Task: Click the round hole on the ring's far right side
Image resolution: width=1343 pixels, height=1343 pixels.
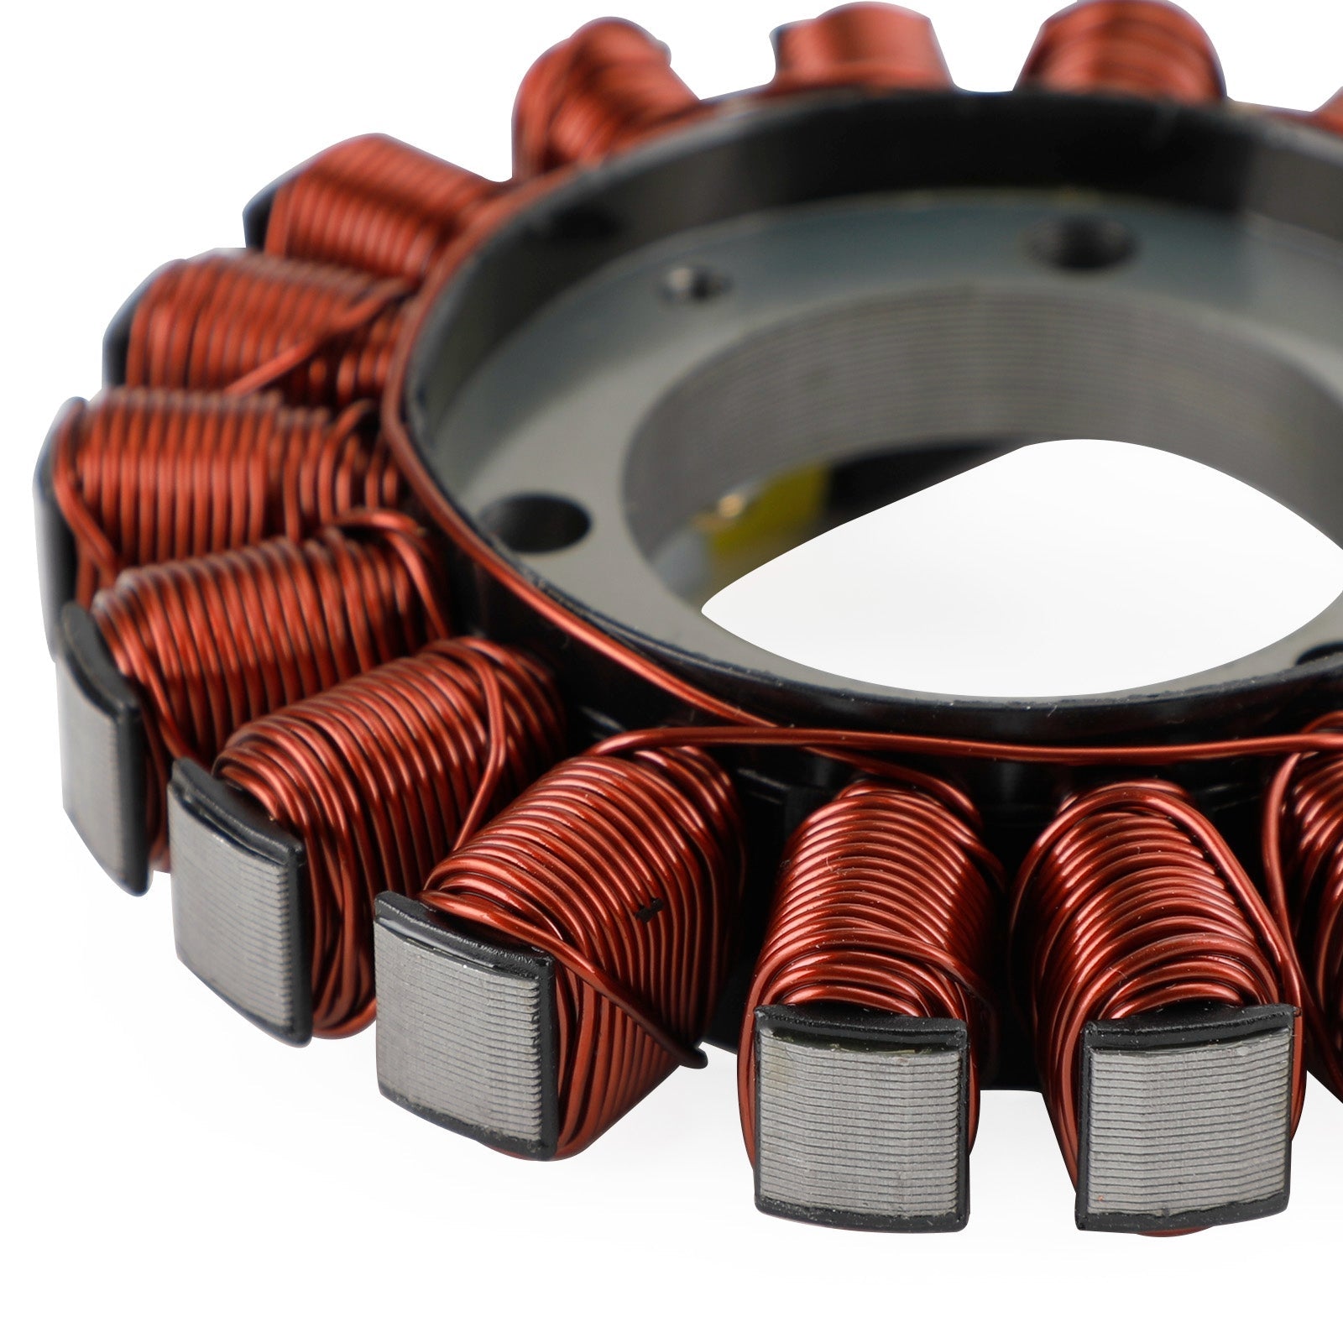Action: tap(1322, 653)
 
